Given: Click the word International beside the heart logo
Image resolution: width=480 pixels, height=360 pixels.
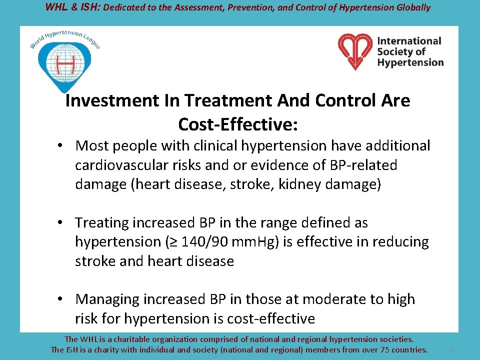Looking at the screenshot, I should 409,41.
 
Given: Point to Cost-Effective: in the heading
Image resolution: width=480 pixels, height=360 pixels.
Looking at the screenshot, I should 238,123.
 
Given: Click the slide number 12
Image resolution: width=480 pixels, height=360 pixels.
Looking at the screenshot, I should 448,350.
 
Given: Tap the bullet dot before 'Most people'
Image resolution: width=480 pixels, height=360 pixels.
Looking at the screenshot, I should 59,146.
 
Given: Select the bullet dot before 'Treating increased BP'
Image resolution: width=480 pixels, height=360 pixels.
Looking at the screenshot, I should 59,223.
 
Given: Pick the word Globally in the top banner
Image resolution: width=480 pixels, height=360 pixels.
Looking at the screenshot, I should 411,7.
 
